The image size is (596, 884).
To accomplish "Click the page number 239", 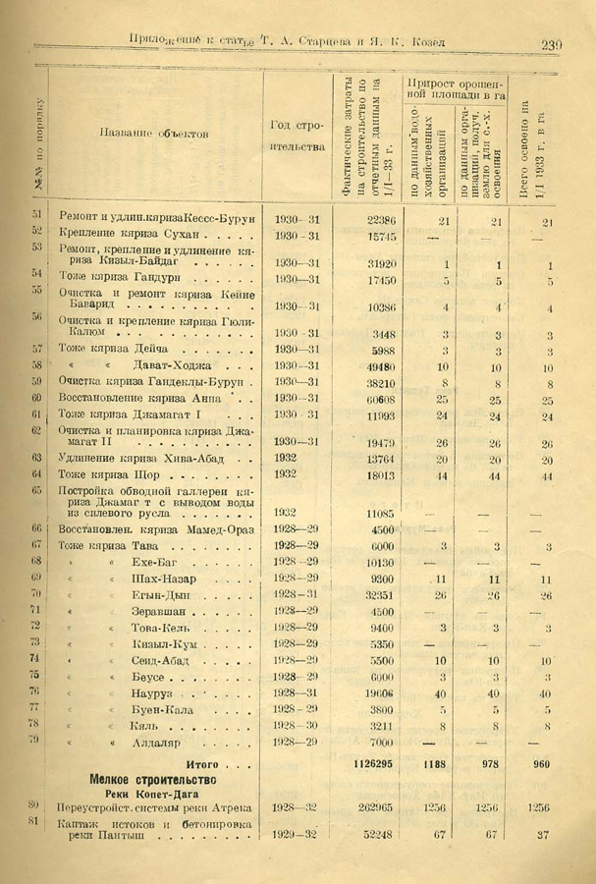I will click(x=549, y=43).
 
